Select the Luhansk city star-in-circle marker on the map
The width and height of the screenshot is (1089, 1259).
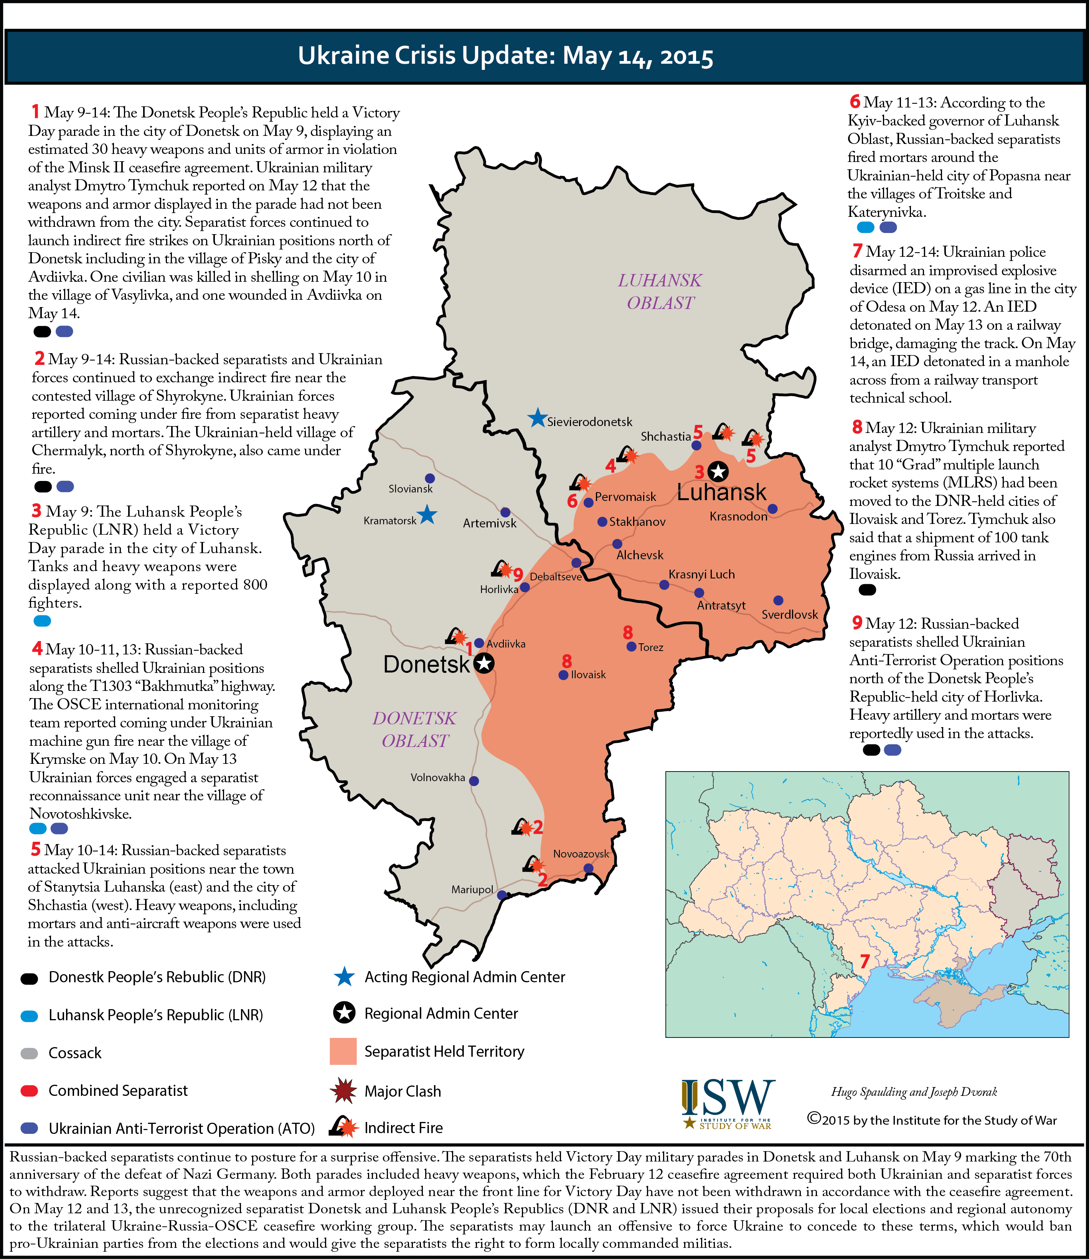tap(718, 471)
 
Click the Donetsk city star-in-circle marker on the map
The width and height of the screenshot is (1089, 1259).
tap(484, 663)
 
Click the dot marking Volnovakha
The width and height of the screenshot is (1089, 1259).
tap(474, 781)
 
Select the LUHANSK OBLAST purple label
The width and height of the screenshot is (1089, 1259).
tap(660, 291)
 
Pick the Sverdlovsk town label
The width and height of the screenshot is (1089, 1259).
tap(790, 615)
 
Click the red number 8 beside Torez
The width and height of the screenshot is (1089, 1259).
tap(628, 633)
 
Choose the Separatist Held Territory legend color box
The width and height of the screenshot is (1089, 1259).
tap(343, 1051)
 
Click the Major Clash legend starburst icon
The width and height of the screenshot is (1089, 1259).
tap(343, 1090)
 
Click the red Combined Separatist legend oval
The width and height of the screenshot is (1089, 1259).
tap(29, 1090)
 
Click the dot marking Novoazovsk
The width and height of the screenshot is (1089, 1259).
tap(588, 868)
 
